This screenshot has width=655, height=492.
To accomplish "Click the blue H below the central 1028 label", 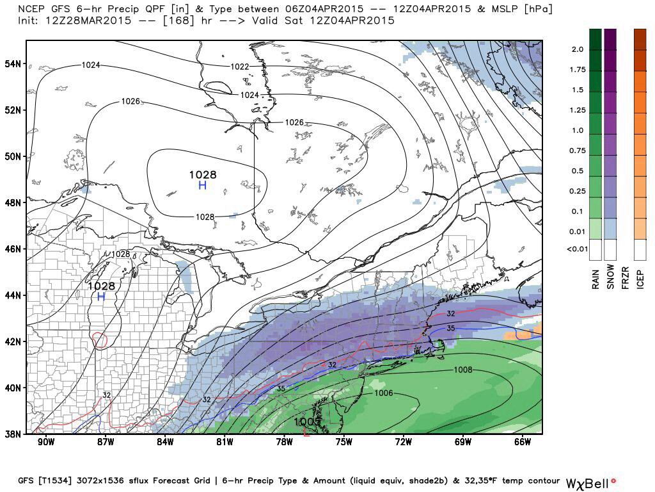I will [x=202, y=185].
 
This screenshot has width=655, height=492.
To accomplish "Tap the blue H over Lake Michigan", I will [x=101, y=296].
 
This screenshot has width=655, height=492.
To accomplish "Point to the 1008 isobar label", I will [x=462, y=370].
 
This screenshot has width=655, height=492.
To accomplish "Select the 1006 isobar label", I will [x=383, y=393].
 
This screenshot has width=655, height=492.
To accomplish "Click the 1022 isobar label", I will [x=240, y=67].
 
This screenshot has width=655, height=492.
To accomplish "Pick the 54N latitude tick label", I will [x=12, y=63].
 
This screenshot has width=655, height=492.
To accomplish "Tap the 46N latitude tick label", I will [x=12, y=249].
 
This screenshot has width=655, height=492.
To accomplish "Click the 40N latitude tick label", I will [x=12, y=388].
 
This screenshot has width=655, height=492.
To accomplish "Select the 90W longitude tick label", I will [x=45, y=442].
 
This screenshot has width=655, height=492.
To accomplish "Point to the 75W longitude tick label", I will [x=344, y=442].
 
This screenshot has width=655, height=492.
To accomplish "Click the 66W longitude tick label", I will [x=523, y=442].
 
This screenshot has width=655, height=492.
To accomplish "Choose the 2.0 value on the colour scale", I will [x=578, y=49].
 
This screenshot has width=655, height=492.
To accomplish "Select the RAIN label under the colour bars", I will [x=596, y=277].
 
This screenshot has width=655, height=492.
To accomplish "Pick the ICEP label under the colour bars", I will [x=640, y=278].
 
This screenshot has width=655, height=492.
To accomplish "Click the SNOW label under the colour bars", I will [x=610, y=277].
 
